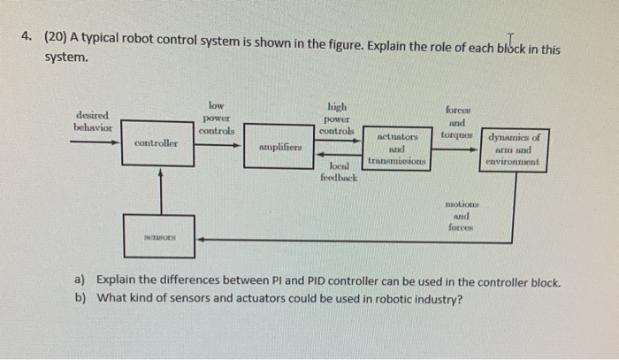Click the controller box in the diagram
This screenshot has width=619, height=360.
[x=157, y=143]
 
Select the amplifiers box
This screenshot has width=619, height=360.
[x=280, y=147]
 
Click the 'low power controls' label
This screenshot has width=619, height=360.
[x=217, y=117]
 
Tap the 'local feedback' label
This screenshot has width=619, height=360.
[x=340, y=172]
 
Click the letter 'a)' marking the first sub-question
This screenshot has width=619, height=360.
[x=80, y=282]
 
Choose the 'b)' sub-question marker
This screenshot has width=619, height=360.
[x=80, y=297]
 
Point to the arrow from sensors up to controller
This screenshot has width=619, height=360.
[x=159, y=190]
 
